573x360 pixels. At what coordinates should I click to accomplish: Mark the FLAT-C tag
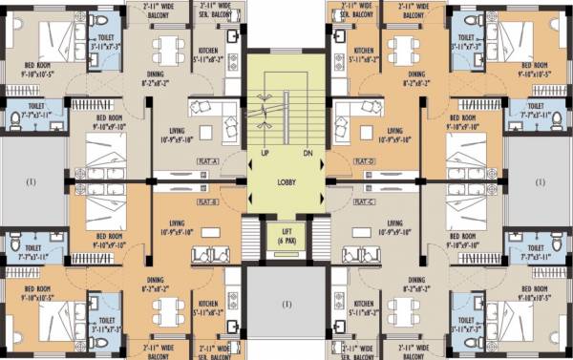[x=364, y=202]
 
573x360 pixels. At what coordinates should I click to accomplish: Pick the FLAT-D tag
[x=364, y=161]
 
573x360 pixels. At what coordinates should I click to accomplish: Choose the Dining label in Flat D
[x=416, y=78]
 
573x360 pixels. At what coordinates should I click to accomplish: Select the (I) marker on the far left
[x=31, y=181]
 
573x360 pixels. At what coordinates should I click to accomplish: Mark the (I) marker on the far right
[x=541, y=181]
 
